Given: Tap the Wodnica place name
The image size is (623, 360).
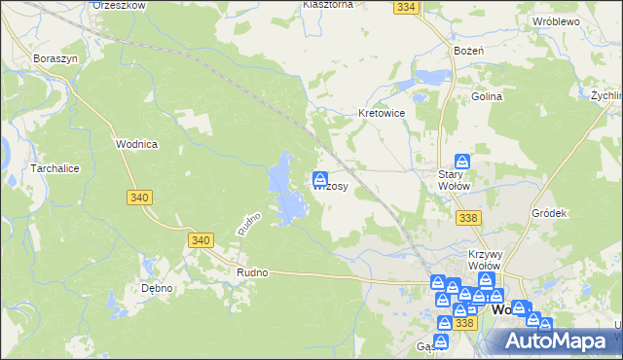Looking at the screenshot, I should point(136,143).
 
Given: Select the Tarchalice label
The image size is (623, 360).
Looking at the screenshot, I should point(33,167).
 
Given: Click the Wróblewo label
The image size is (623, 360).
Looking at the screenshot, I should point(556,20).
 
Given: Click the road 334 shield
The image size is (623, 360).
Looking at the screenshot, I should point(407,7).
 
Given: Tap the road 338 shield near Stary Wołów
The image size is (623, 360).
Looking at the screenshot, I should point(467,217).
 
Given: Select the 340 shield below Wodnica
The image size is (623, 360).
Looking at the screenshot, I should point(139,197).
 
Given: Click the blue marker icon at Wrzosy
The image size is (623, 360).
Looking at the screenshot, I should point(319,179).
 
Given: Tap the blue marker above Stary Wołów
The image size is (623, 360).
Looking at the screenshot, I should point(462,162).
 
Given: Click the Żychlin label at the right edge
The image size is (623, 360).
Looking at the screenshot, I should point(605,96).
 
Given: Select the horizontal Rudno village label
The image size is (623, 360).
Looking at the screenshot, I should point(251,273).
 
